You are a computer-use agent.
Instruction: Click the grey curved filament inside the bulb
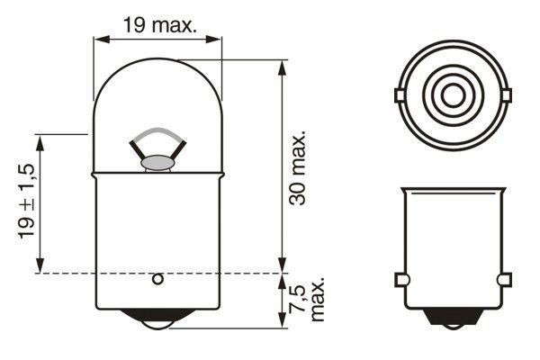point(158,138)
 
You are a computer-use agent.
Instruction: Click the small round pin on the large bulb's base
point(158,279)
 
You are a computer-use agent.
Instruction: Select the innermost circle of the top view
point(451,94)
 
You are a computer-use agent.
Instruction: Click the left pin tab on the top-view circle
point(400,94)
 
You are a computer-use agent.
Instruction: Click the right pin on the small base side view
point(504,279)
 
